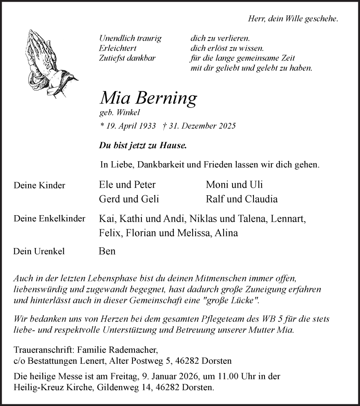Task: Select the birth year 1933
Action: [146, 126]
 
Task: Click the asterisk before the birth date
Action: [102, 126]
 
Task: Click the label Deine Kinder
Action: [39, 186]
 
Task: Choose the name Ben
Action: [107, 251]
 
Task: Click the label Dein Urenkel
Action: [39, 252]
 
